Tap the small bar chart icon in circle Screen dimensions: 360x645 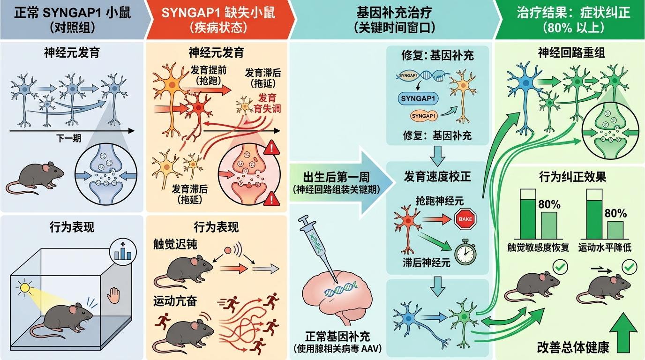[x=122, y=253]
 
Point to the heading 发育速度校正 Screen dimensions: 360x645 [x=437, y=177]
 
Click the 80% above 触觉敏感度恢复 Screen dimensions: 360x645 [x=549, y=204]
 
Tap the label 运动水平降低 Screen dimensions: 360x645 [x=605, y=247]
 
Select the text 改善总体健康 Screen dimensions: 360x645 [x=573, y=347]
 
